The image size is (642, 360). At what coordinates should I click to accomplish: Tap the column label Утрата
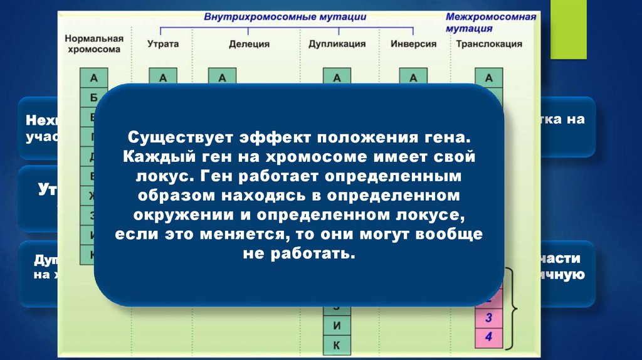coord(163,44)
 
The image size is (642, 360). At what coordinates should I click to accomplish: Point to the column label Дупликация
coord(337,44)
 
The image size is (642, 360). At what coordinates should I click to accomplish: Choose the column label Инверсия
coord(413,44)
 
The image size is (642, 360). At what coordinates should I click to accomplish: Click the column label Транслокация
coord(489,44)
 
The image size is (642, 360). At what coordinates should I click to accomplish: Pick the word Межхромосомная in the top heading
coord(491,17)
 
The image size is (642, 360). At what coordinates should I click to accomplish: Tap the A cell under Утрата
coord(163,78)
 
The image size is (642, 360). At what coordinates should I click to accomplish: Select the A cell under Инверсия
coord(413,78)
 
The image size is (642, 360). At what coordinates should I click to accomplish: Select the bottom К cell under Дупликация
coord(337,345)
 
